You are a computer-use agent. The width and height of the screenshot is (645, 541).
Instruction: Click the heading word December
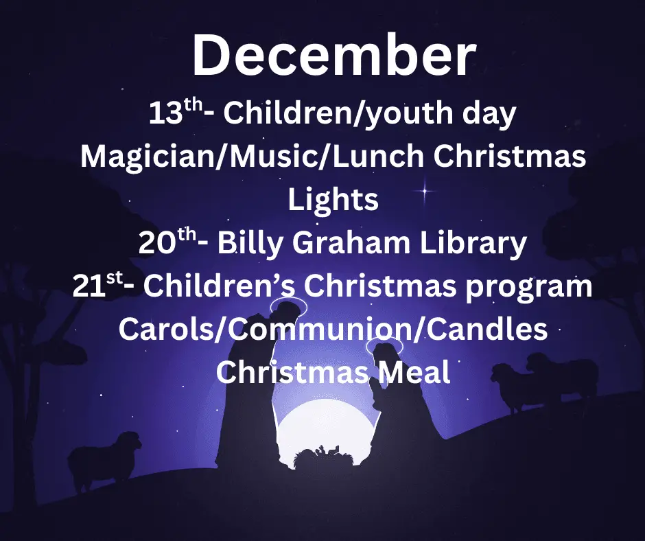click(333, 56)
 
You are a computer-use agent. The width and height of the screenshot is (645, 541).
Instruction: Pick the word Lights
click(333, 200)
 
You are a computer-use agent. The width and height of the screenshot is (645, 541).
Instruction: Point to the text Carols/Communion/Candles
click(333, 330)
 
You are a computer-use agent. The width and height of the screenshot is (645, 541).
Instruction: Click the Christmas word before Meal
click(292, 373)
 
